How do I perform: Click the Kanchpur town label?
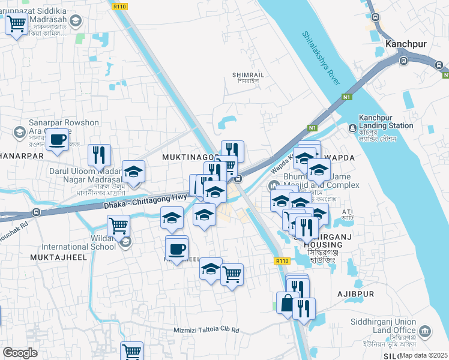coord(405,44)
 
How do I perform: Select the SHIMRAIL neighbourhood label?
coord(248,74)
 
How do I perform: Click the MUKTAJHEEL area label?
coord(58,257)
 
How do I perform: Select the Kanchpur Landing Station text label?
coord(386,122)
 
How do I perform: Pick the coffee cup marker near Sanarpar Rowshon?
coord(58,140)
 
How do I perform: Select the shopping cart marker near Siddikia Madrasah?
coord(16,24)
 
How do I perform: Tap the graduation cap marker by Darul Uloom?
coord(133,172)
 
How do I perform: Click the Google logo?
coord(20,352)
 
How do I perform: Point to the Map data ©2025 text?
coord(424,355)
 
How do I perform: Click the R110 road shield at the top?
coord(118,5)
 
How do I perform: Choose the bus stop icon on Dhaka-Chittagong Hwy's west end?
coord(37,212)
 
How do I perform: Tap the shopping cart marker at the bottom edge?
coord(131,350)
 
